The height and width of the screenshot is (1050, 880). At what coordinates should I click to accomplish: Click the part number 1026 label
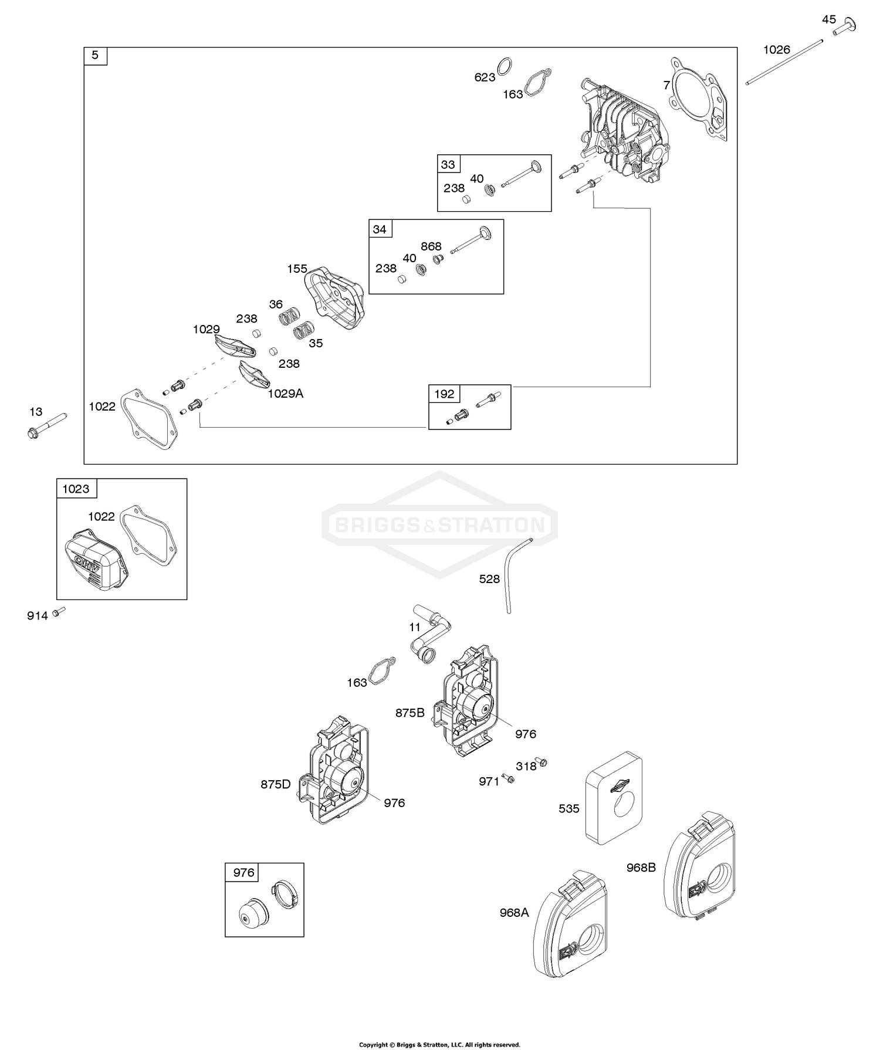(776, 50)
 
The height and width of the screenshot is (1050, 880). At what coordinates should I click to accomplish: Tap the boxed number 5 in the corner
(96, 56)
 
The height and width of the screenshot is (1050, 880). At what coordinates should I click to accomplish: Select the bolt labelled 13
(46, 426)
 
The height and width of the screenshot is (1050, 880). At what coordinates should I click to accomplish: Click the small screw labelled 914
(58, 612)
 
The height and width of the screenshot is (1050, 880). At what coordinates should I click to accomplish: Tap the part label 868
(431, 246)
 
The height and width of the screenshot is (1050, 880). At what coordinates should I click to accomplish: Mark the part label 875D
(276, 784)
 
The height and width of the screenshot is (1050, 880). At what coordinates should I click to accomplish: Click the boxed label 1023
(76, 489)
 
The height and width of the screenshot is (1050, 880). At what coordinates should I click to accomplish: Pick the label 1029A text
(285, 394)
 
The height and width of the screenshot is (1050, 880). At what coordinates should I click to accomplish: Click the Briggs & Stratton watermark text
(439, 524)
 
